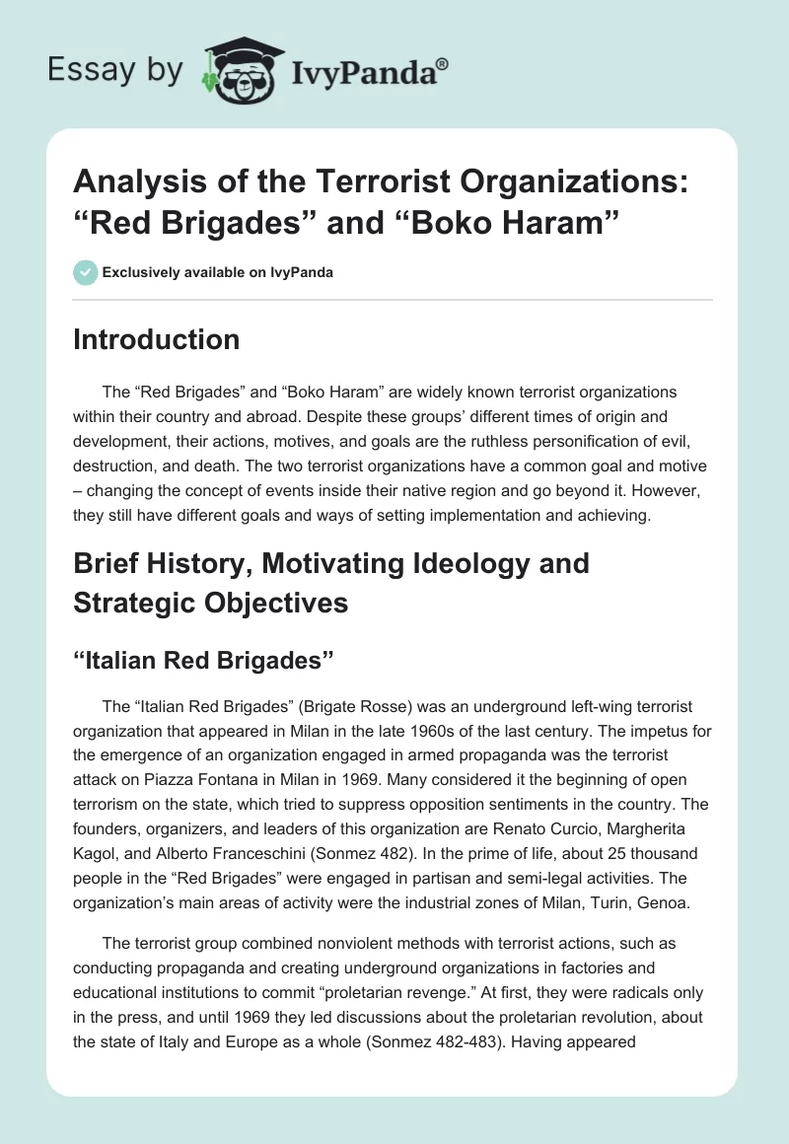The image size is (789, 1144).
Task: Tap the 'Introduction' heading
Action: tap(156, 339)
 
